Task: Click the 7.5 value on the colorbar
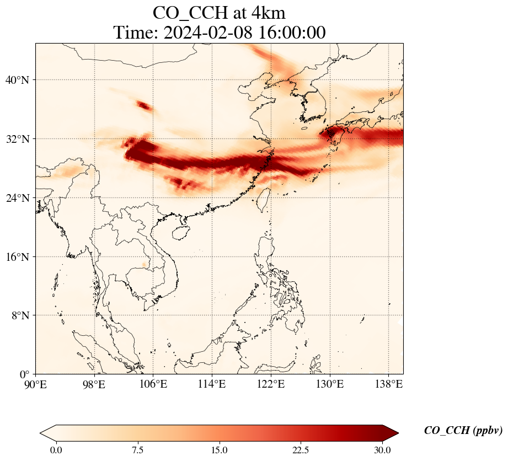point(137,450)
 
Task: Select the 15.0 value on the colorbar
point(219,450)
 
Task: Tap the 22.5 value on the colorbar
point(301,450)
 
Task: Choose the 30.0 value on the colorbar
point(382,450)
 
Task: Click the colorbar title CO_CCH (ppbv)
point(463,431)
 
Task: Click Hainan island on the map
point(178,232)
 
